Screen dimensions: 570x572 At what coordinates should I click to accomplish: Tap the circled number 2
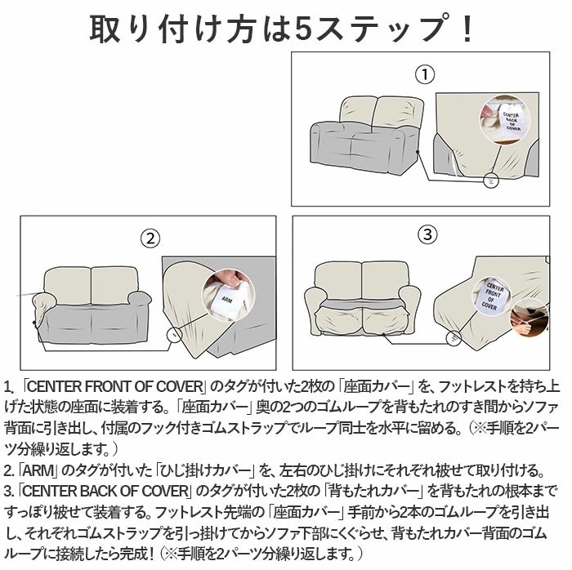click(x=149, y=238)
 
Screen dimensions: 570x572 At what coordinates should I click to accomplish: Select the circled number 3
click(x=428, y=235)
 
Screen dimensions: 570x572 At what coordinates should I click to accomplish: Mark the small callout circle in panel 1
click(x=489, y=178)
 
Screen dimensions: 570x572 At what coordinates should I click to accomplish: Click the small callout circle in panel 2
click(x=172, y=333)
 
